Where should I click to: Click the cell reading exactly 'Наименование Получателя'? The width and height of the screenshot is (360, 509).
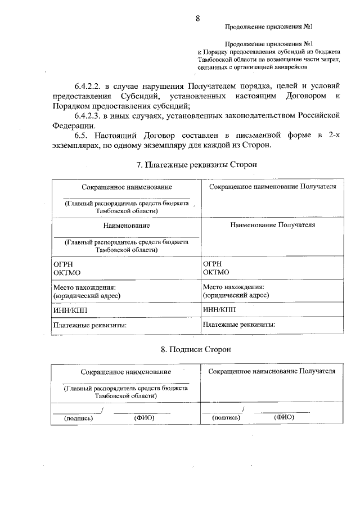(272, 225)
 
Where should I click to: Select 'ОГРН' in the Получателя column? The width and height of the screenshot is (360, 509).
(212, 263)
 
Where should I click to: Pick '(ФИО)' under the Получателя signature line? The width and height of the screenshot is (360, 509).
(283, 418)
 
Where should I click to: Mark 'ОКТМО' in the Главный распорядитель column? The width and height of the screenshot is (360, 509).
(67, 272)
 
